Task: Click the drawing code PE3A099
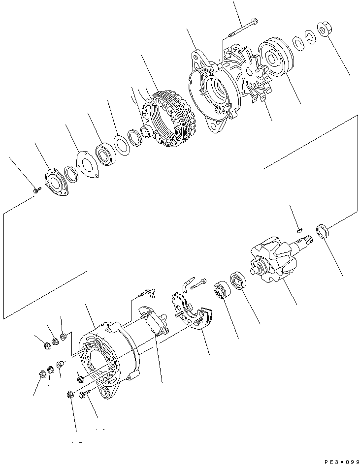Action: click(341, 461)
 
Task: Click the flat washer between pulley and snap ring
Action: click(299, 44)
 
